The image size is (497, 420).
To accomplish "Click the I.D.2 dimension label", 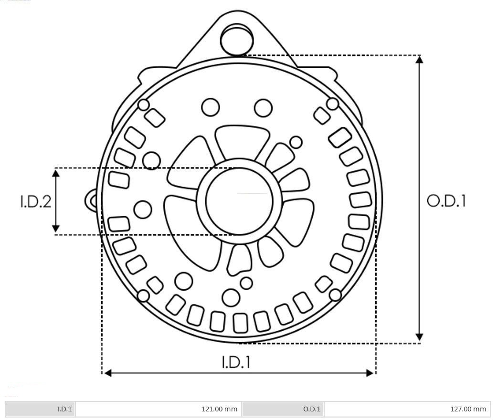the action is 35,201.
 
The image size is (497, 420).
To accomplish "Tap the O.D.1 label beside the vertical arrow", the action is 446,201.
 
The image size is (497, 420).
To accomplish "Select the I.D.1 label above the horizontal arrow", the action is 236,362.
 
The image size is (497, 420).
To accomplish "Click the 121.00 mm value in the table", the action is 219,409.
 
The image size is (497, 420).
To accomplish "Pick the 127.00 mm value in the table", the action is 468,409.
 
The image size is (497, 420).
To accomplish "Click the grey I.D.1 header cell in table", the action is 40,409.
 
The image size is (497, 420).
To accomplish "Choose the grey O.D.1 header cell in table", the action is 283,409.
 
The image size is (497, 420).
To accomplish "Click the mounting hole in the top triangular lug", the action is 237,39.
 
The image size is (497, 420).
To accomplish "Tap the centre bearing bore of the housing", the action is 239,201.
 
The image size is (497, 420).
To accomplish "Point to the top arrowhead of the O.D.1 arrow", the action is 419,59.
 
